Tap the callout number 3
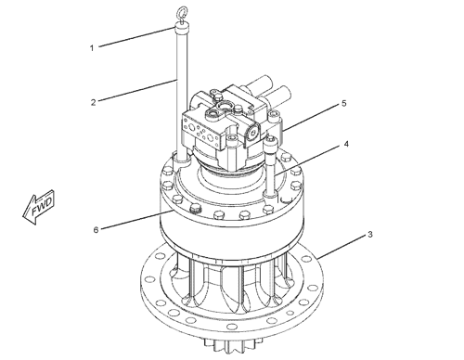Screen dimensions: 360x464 tap(371, 234)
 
